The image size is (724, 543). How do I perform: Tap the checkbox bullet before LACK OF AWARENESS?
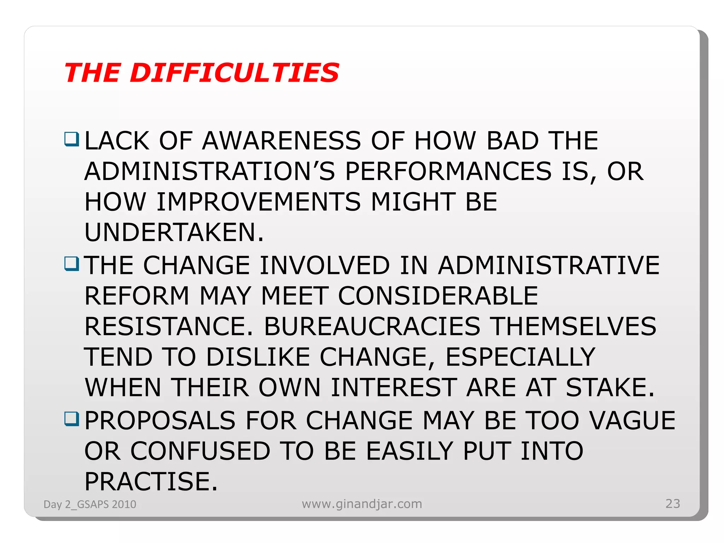pos(71,139)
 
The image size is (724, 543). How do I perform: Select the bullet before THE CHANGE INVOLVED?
pos(71,263)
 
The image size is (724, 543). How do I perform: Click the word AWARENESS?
pos(281,141)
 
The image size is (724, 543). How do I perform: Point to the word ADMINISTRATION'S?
pos(209,171)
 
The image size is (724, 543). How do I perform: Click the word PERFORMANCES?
pos(448,171)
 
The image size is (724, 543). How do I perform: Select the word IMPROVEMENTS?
pos(258,202)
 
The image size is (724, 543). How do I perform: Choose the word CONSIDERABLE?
pos(438,296)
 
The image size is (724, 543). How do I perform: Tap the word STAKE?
pos(606,387)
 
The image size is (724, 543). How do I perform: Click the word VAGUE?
pos(632,421)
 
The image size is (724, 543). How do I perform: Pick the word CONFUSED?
pos(200,451)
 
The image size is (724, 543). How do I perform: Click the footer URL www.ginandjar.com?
pos(362,504)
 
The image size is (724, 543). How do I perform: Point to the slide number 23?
pos(672,503)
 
